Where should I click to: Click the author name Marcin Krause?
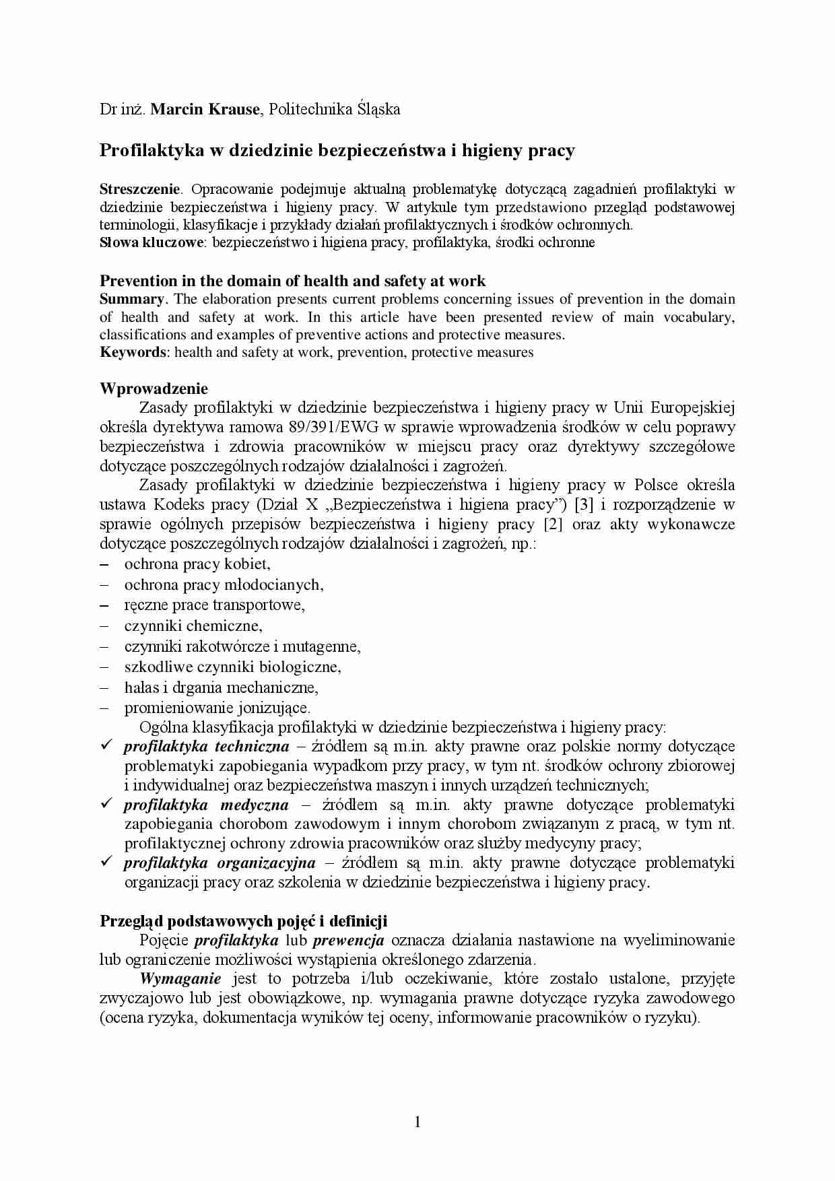click(x=205, y=109)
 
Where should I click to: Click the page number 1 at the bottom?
click(x=417, y=1121)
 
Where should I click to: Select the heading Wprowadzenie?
click(x=154, y=389)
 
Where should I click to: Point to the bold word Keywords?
click(x=133, y=352)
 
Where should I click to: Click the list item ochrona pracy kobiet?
click(x=197, y=564)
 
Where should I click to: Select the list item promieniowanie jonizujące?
click(x=218, y=708)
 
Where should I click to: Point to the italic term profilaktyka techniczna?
click(x=206, y=746)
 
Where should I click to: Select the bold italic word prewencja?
click(x=349, y=940)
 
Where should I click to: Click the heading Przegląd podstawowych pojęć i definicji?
click(x=243, y=920)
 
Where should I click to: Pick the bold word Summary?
click(x=132, y=299)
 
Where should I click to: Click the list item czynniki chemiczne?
click(x=193, y=626)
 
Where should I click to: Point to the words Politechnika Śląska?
click(x=334, y=109)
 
